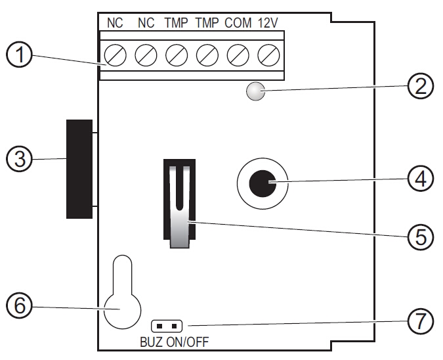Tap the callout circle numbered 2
coord(421,85)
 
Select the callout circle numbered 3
coord(20,159)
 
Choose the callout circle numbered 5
coord(421,235)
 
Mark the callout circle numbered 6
coord(20,305)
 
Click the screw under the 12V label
coord(267,55)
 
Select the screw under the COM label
coord(237,55)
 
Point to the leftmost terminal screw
coord(116,55)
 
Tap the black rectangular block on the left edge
coord(79,169)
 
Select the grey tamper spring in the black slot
coord(179,207)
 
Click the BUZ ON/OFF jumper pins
coord(167,325)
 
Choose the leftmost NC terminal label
coord(115,23)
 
